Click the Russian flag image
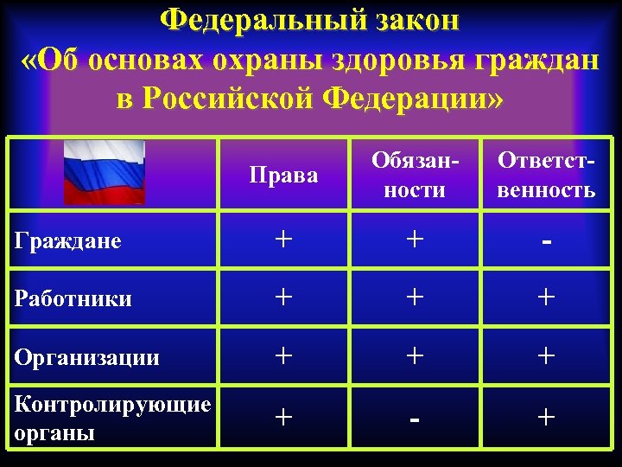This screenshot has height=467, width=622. pyautogui.click(x=104, y=171)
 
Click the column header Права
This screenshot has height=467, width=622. pyautogui.click(x=283, y=176)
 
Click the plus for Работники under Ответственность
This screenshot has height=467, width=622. pyautogui.click(x=546, y=298)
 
